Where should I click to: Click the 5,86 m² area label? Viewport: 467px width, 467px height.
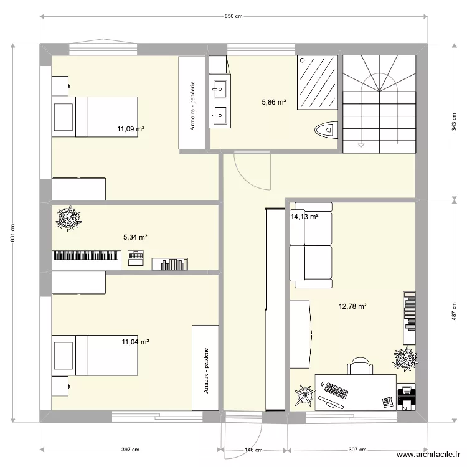(x=273, y=101)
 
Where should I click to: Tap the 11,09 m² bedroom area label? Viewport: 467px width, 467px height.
(x=131, y=130)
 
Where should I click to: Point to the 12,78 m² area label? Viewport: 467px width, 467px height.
(x=352, y=306)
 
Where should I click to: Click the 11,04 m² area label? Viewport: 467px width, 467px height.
(x=135, y=342)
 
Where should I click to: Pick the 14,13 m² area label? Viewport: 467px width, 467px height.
(x=304, y=217)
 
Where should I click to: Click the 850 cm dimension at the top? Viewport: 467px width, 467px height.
(x=233, y=17)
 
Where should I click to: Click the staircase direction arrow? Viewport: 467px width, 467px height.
(x=361, y=144)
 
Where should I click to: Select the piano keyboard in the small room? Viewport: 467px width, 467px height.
(x=86, y=256)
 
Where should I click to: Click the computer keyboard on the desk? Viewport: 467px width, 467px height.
(x=336, y=391)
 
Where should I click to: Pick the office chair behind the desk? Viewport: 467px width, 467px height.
(x=360, y=366)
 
